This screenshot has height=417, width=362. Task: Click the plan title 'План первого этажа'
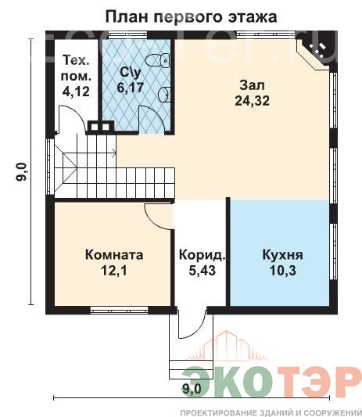click(x=191, y=17)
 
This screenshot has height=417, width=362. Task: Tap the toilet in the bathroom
click(x=158, y=59)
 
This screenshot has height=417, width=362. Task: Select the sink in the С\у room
click(x=164, y=95)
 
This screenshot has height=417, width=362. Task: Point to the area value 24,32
click(x=252, y=100)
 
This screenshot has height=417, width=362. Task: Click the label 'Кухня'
click(x=282, y=255)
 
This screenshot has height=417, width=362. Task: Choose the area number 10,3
click(x=283, y=271)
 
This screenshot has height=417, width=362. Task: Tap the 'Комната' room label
click(x=114, y=255)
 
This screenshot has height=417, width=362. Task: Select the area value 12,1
click(x=114, y=271)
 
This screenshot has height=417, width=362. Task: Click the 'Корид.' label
click(x=203, y=255)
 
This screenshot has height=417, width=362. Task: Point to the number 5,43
click(x=202, y=271)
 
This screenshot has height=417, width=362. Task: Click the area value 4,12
click(x=76, y=92)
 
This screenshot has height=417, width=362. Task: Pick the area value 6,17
click(x=131, y=88)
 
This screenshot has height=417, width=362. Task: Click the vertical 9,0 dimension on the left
click(x=22, y=172)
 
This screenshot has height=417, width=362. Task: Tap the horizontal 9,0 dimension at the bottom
click(x=192, y=390)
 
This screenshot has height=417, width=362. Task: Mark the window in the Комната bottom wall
click(x=119, y=310)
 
